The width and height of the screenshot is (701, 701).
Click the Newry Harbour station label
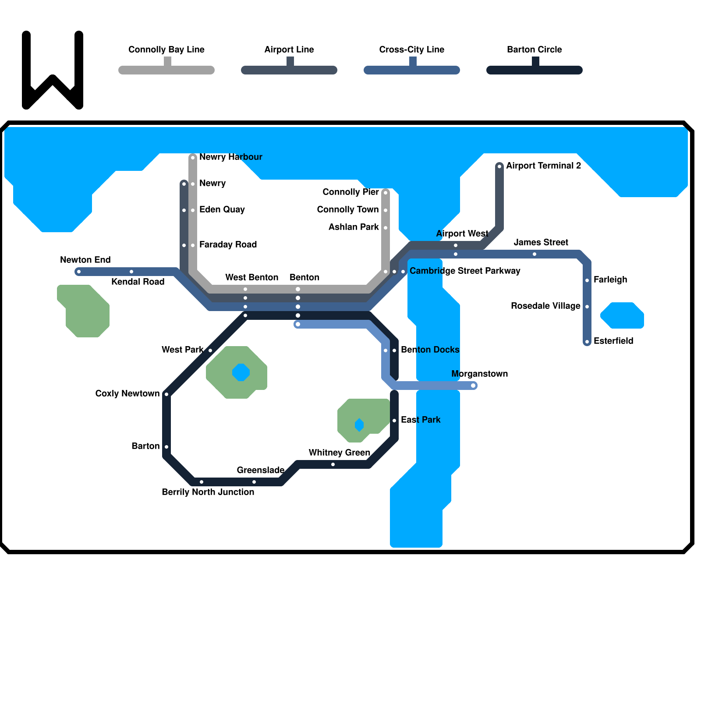click(x=230, y=157)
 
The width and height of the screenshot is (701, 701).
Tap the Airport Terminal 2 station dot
click(x=499, y=166)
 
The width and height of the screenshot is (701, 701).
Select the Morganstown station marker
click(x=473, y=386)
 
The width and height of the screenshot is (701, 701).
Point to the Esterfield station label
click(x=613, y=341)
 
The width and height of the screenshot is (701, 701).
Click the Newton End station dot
click(x=79, y=272)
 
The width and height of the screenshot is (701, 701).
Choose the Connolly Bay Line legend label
click(x=166, y=50)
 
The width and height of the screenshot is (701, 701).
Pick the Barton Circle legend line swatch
click(x=535, y=70)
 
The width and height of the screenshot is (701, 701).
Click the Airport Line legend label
click(x=289, y=50)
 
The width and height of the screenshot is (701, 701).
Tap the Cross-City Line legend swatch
click(x=412, y=70)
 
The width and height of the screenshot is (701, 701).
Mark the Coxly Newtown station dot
click(x=166, y=394)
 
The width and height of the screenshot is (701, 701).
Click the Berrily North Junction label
click(x=208, y=492)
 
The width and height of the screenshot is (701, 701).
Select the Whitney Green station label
click(x=339, y=453)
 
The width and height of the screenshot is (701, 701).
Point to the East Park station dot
click(x=394, y=421)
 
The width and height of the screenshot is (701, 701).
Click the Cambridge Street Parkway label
click(x=464, y=271)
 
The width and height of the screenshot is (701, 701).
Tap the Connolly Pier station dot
click(x=386, y=193)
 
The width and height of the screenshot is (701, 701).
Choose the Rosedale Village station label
click(x=545, y=306)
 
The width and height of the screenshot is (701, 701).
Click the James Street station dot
click(x=535, y=254)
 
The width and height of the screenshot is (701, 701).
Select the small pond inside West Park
click(x=241, y=372)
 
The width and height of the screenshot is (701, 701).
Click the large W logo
click(x=53, y=70)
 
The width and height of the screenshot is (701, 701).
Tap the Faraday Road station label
click(x=228, y=244)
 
